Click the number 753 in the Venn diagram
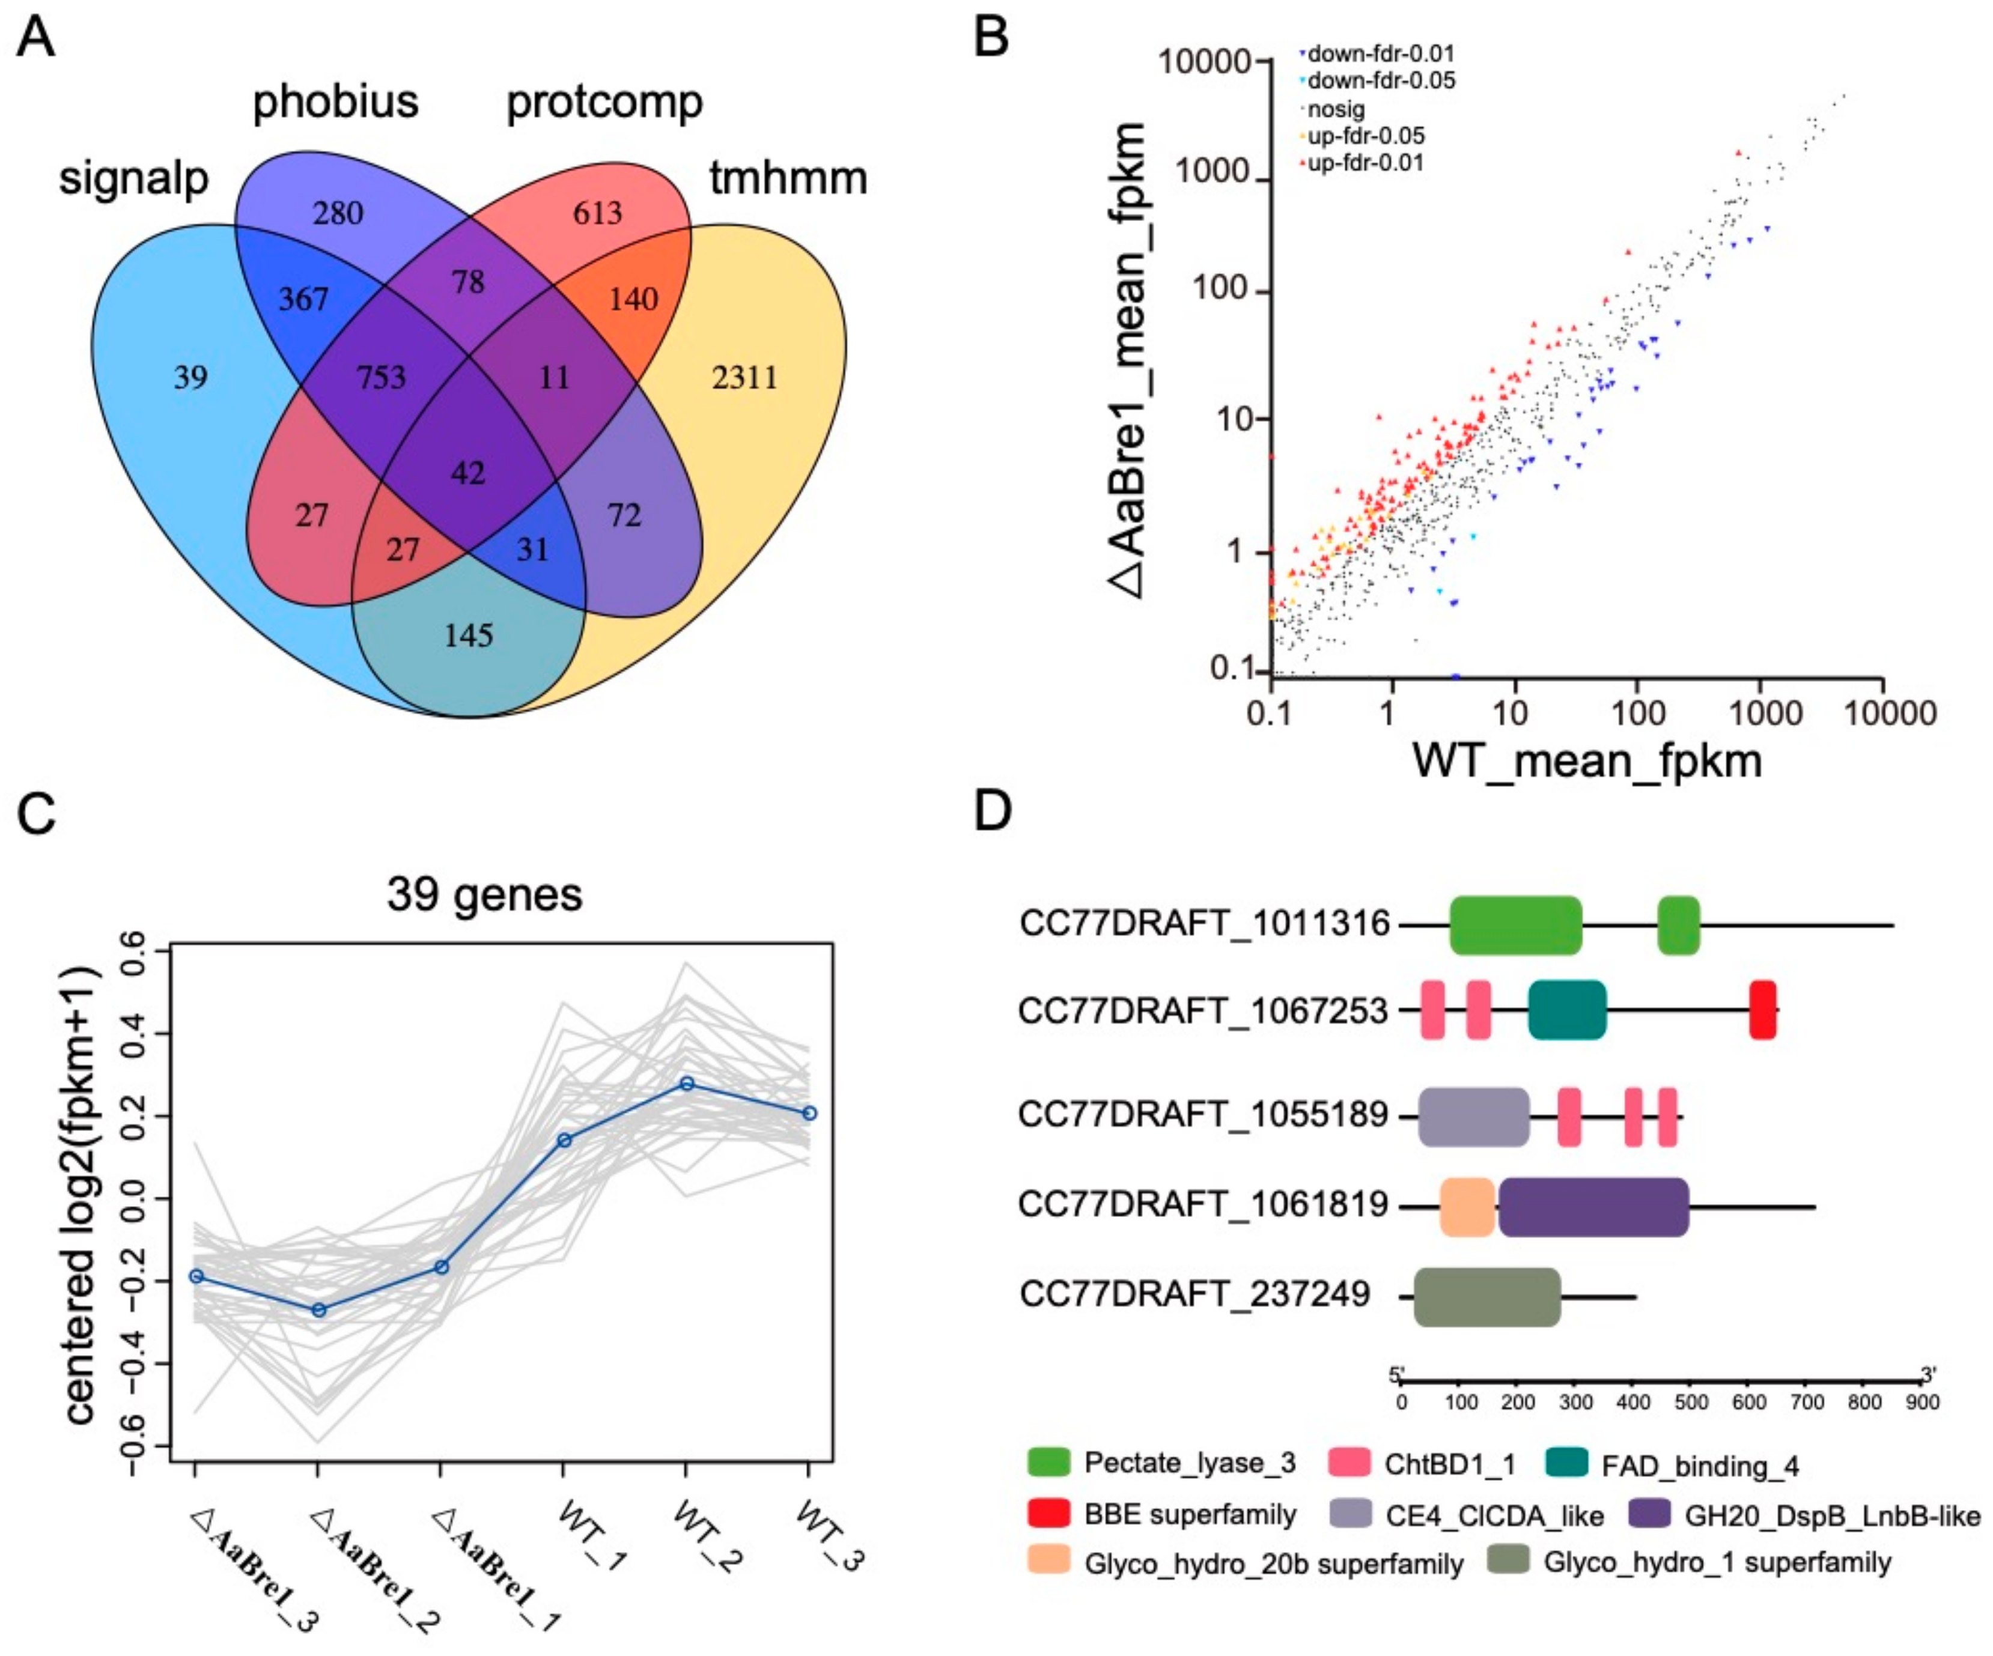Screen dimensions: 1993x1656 (382, 378)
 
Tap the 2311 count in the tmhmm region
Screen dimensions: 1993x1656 (745, 378)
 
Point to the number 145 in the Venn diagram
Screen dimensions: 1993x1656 (469, 635)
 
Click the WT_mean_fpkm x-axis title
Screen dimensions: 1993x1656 (1588, 760)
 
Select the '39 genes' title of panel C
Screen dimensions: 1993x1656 (484, 894)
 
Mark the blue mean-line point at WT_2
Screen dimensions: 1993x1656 (686, 1084)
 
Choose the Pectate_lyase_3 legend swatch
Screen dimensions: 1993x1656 (1048, 1463)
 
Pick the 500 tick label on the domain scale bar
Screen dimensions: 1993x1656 (1691, 1403)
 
